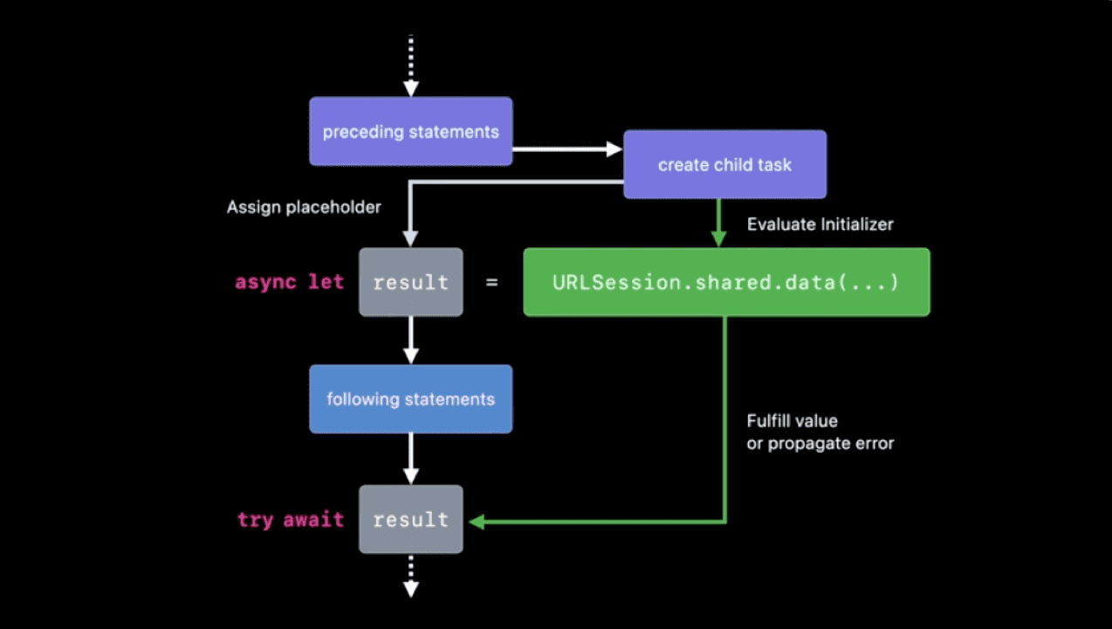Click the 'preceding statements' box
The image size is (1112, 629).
pyautogui.click(x=410, y=131)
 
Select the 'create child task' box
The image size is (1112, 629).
pyautogui.click(x=724, y=164)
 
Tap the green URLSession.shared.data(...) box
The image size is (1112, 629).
pyautogui.click(x=726, y=282)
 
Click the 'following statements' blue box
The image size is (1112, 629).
pyautogui.click(x=410, y=399)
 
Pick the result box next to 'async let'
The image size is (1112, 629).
pyautogui.click(x=410, y=282)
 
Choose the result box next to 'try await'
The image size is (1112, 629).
pyautogui.click(x=410, y=520)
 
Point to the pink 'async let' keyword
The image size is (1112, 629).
pyautogui.click(x=289, y=282)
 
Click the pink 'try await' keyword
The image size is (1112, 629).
pyautogui.click(x=290, y=520)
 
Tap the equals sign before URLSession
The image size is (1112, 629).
pyautogui.click(x=492, y=282)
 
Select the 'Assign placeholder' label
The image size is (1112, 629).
pyautogui.click(x=304, y=208)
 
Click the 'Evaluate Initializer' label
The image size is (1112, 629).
pyautogui.click(x=820, y=225)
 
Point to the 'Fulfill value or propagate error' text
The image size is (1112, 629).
pyautogui.click(x=820, y=432)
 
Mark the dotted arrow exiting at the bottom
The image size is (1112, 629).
pyautogui.click(x=410, y=576)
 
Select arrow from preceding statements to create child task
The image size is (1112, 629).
pyautogui.click(x=566, y=149)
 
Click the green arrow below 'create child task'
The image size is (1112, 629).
pyautogui.click(x=718, y=223)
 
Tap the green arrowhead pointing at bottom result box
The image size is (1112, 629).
pyautogui.click(x=477, y=522)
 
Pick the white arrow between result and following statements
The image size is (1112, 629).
pyautogui.click(x=410, y=340)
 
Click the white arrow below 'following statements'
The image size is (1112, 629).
pyautogui.click(x=410, y=459)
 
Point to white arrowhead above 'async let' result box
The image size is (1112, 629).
pyautogui.click(x=410, y=238)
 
